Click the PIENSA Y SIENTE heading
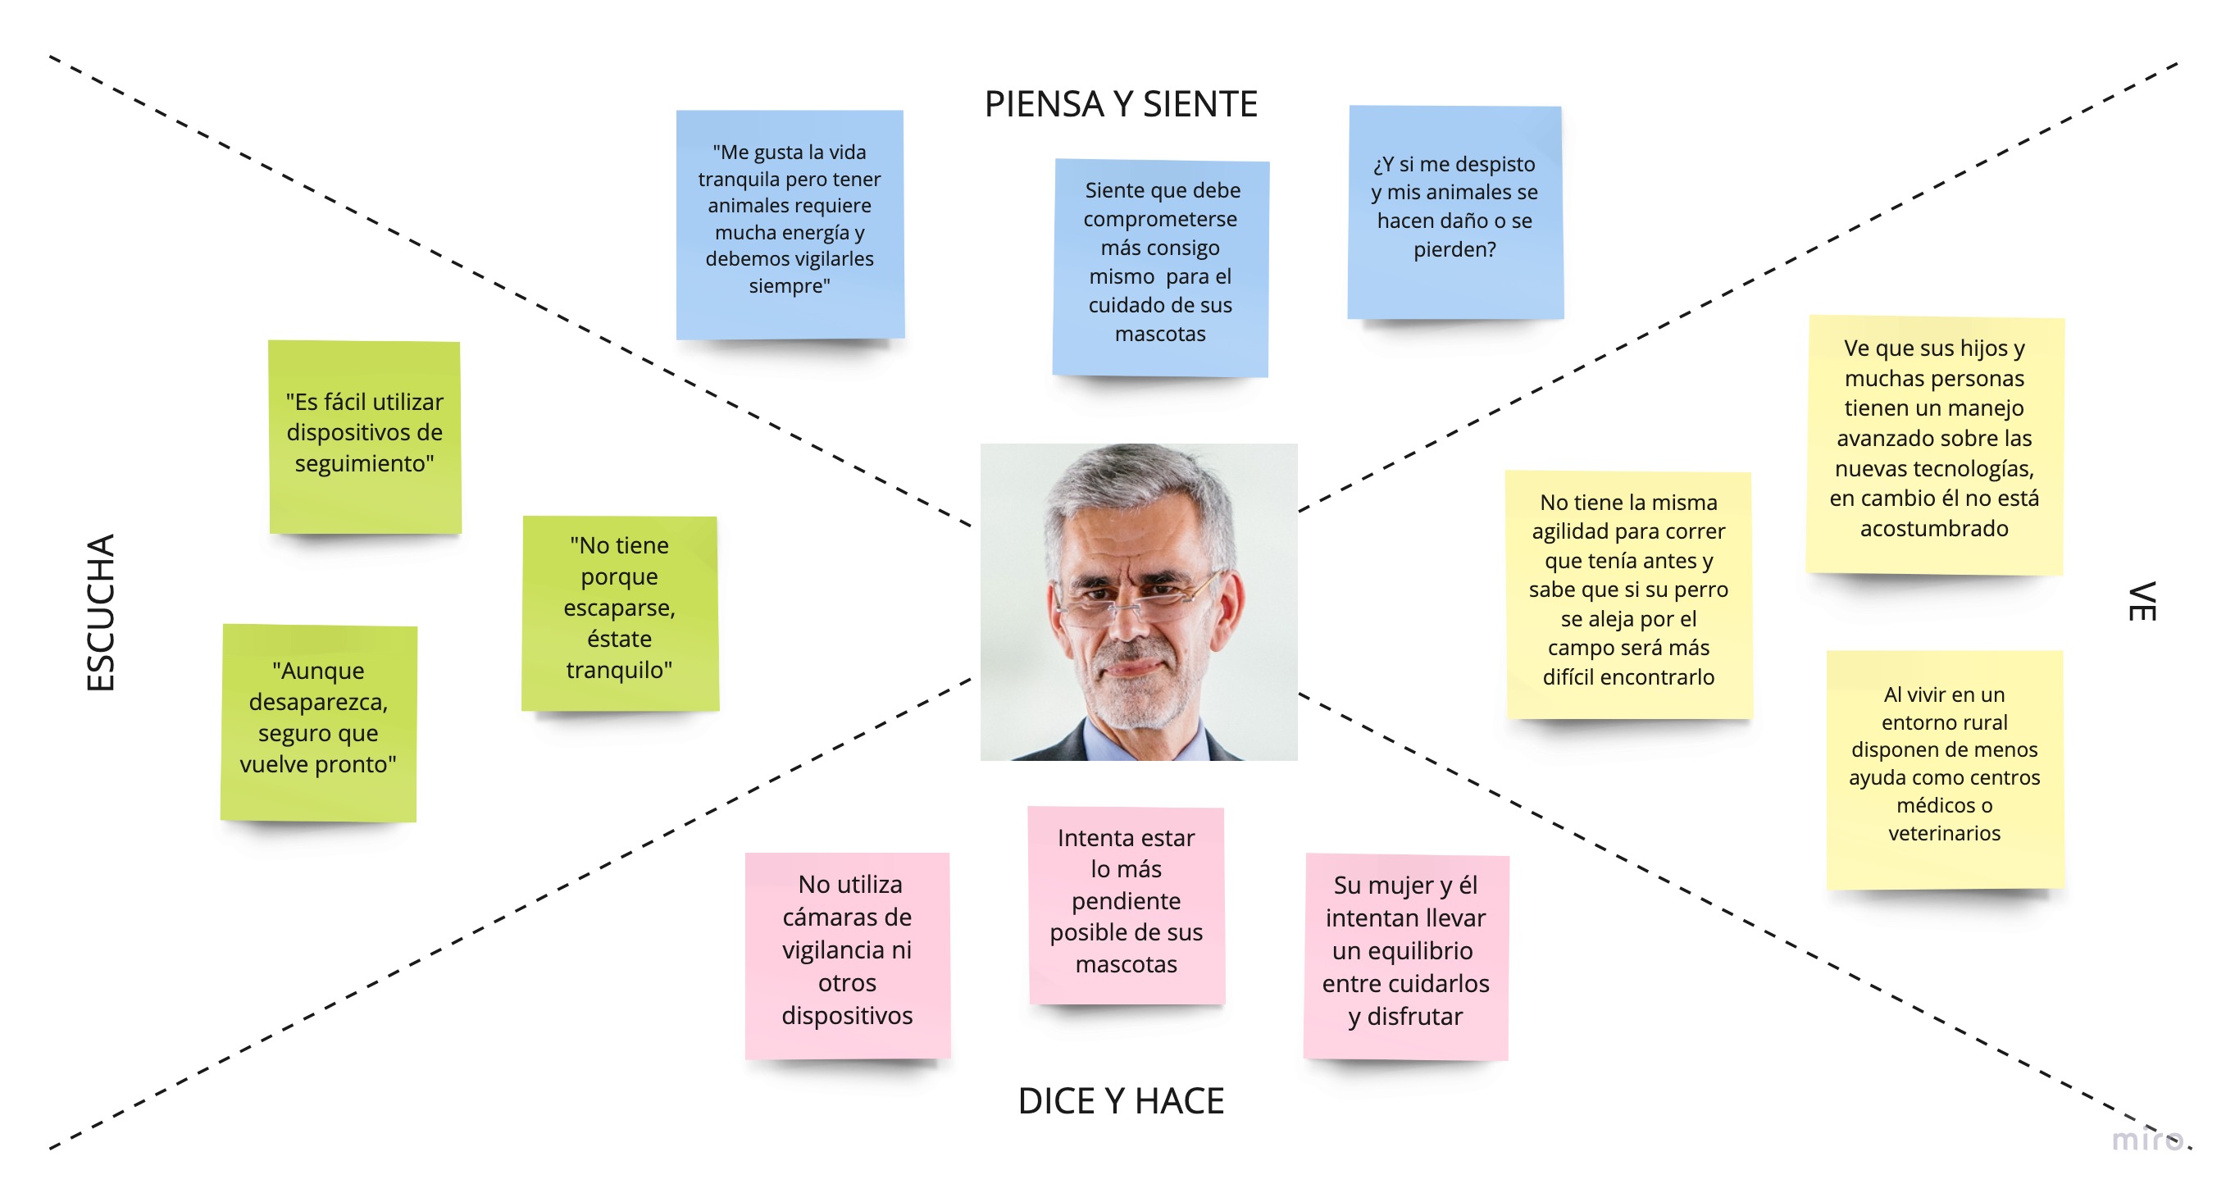(x=1120, y=104)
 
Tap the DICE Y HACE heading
(x=1120, y=1100)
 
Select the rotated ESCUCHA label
(x=101, y=612)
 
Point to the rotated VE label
(x=2141, y=602)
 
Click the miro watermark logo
(x=2146, y=1140)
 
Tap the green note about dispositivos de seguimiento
(x=364, y=436)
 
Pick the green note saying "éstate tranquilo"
(x=620, y=612)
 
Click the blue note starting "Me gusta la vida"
(x=790, y=224)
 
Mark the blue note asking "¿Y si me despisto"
(x=1455, y=212)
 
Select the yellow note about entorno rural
(x=1944, y=769)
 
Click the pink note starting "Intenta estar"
(x=1127, y=905)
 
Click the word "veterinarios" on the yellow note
(x=1944, y=833)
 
